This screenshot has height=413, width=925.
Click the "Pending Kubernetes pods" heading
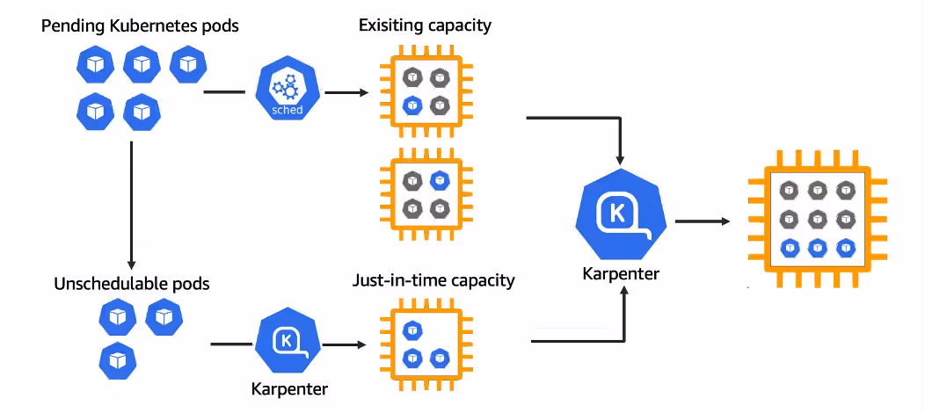pos(140,26)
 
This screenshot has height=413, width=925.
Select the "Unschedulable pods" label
pos(132,284)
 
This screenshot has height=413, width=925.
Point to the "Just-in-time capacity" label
pos(433,281)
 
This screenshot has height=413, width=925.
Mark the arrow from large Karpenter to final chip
pos(703,221)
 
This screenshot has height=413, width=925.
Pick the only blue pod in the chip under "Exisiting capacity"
pos(412,105)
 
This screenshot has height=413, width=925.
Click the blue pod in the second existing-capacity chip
pos(439,181)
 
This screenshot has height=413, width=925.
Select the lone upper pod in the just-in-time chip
pos(412,330)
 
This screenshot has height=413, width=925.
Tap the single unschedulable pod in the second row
pos(116,359)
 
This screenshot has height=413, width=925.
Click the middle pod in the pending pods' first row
pos(141,64)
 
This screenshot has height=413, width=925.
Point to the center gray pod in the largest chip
pos(817,218)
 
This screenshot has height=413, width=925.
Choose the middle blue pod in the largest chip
pos(817,247)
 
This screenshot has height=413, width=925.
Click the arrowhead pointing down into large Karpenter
pos(620,160)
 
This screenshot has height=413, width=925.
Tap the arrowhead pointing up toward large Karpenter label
pos(624,293)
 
